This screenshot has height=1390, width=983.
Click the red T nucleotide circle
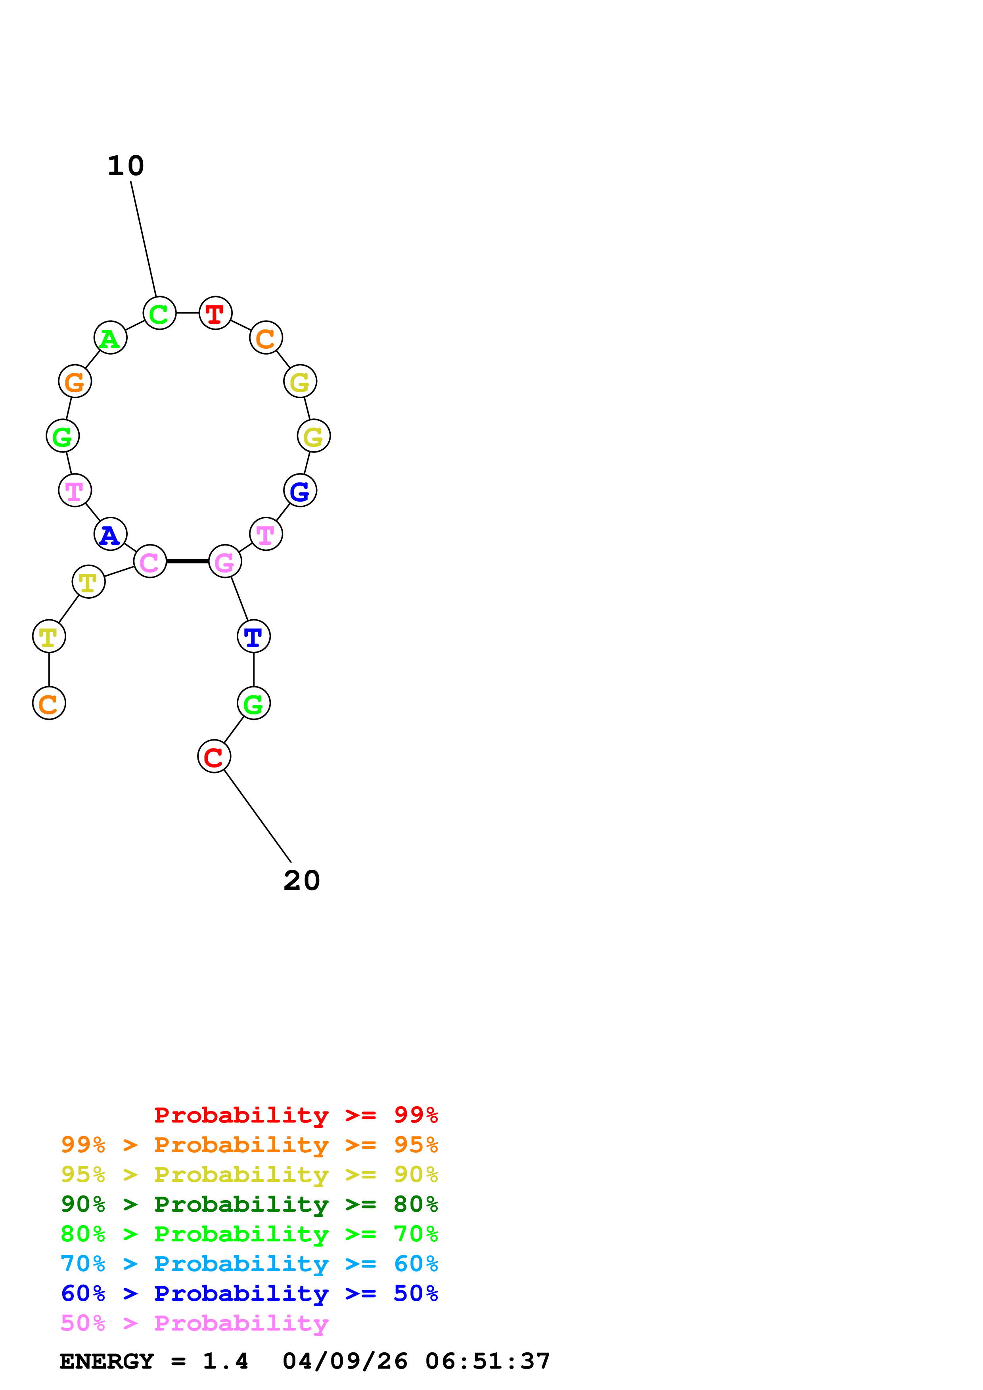pos(216,313)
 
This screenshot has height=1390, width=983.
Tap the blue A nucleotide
pos(110,534)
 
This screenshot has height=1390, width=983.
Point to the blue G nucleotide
pos(300,491)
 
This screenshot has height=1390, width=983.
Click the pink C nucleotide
pos(149,561)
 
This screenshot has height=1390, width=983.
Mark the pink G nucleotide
pos(225,561)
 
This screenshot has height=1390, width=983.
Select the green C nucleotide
pos(159,313)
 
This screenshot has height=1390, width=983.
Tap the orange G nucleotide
pos(75,382)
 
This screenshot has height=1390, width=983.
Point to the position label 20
pos(302,881)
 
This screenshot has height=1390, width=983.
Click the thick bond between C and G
pos(187,561)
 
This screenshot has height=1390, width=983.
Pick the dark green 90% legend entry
pos(249,1204)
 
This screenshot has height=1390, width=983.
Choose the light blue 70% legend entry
pos(249,1264)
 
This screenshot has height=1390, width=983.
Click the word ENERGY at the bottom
pos(107,1361)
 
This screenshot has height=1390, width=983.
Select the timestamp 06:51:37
pos(488,1361)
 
